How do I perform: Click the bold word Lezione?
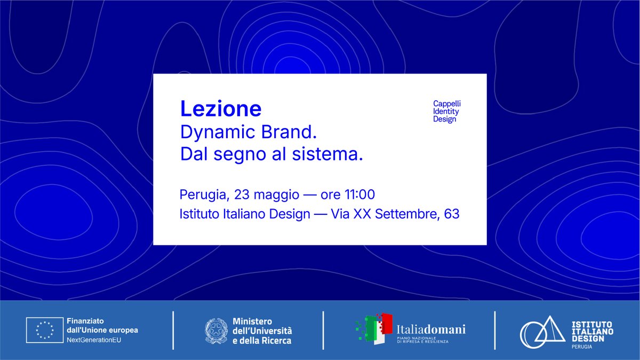tap(221, 109)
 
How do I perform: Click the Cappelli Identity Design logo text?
tap(446, 111)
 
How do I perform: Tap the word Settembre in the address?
tap(412, 215)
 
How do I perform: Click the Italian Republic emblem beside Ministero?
tap(217, 331)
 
